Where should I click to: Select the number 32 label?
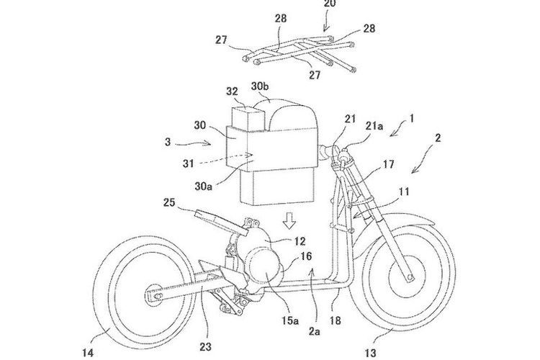[x=233, y=93]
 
